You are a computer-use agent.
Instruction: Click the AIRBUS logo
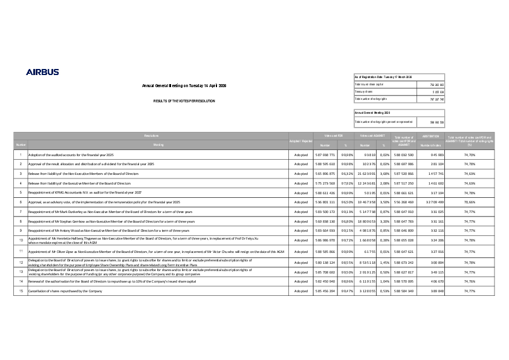42,72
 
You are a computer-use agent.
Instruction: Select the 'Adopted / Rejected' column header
300,141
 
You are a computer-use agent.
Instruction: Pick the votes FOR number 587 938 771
325,155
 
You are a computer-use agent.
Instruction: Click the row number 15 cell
21,291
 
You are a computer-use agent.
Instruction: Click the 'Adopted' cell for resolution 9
300,231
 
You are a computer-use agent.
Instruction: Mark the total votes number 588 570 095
402,282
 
